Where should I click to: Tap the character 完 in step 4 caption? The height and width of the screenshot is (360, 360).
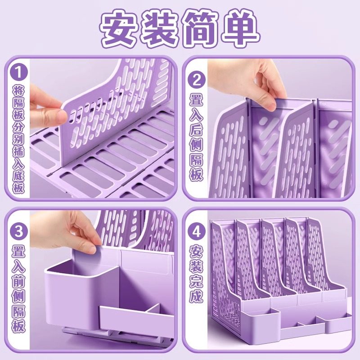point(197,282)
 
